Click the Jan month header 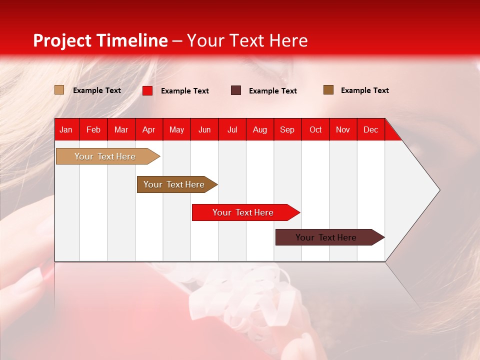(x=66, y=129)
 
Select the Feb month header (x=93, y=129)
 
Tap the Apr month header (x=149, y=129)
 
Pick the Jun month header (x=204, y=129)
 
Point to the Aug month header (x=260, y=129)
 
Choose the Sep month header (x=287, y=129)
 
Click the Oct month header (x=315, y=129)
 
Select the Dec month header (x=371, y=129)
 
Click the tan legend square (x=59, y=90)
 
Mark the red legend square (x=147, y=90)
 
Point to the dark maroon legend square (x=236, y=90)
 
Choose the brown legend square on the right (x=328, y=90)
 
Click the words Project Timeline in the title (x=100, y=40)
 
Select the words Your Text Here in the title (x=247, y=40)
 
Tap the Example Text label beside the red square (x=185, y=91)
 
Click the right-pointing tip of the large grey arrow (x=438, y=190)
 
